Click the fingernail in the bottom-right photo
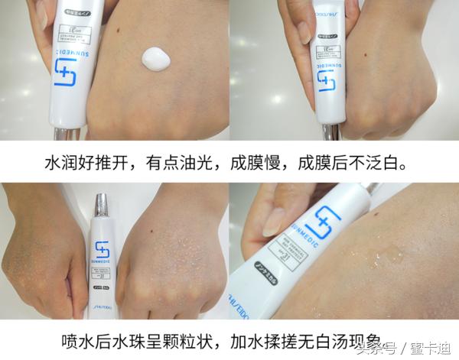coord(272,222)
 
